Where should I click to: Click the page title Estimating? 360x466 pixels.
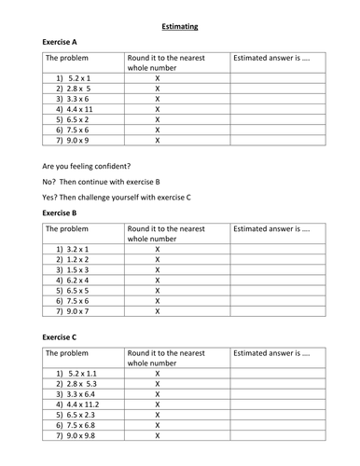[x=180, y=26]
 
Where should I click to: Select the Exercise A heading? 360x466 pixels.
[x=62, y=43]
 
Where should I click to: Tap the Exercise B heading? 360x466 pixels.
[x=62, y=212]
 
